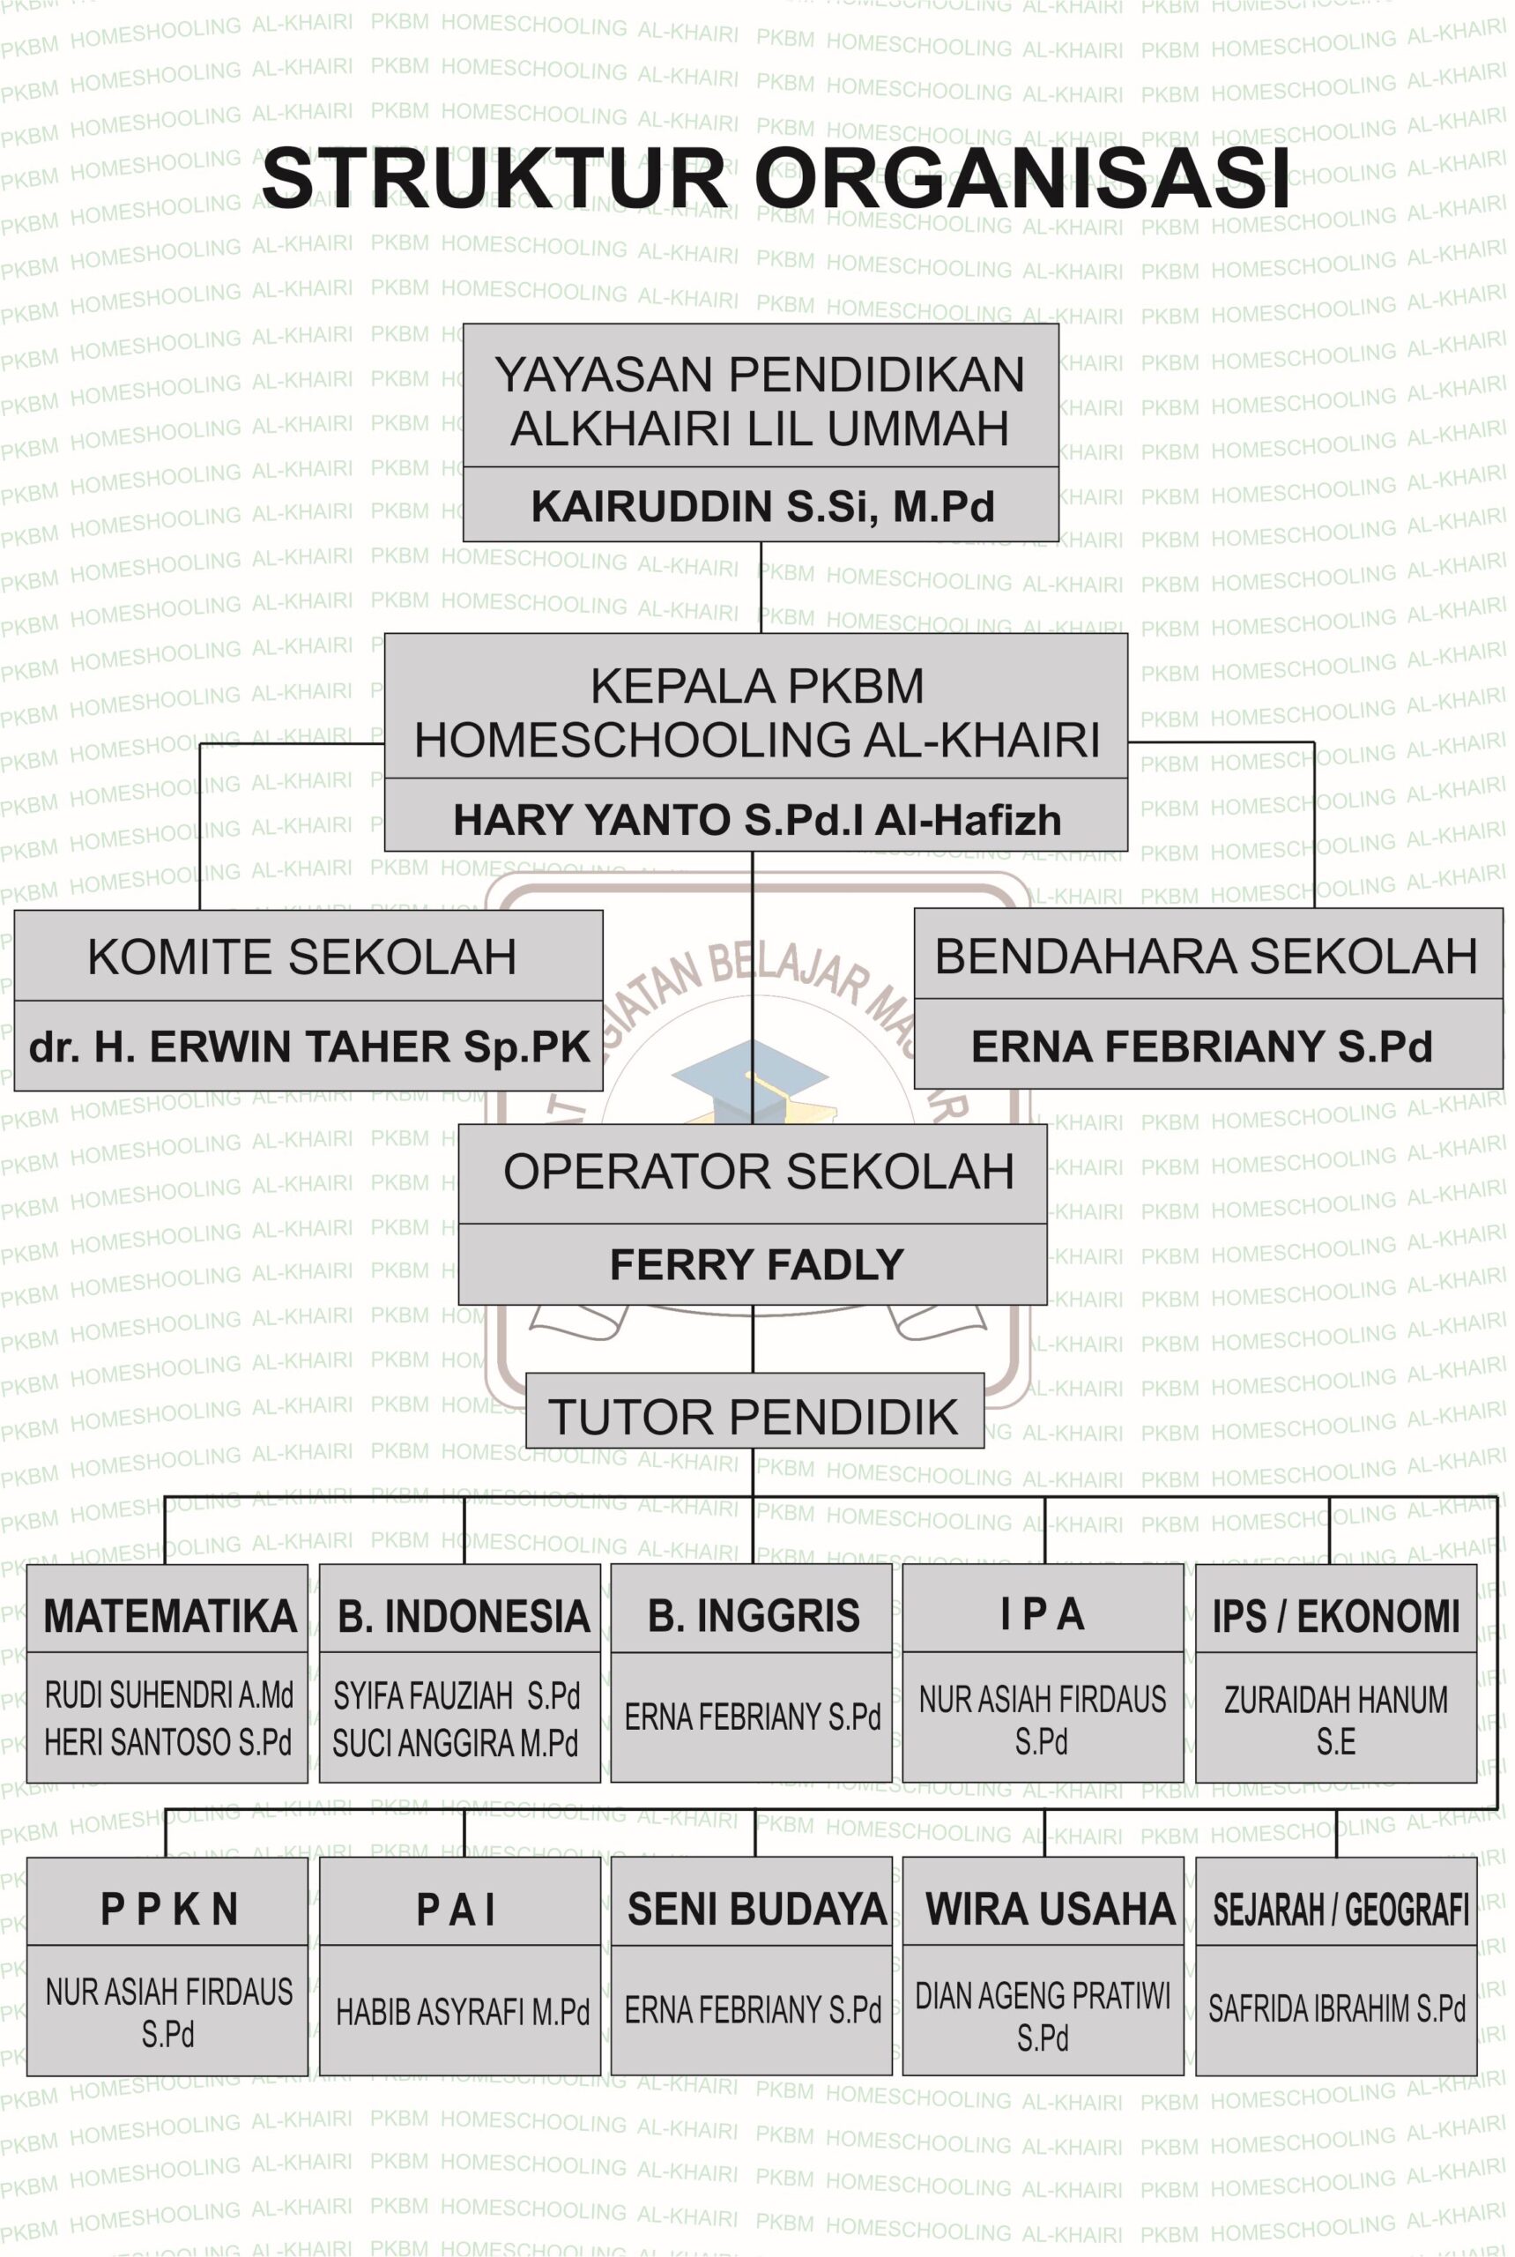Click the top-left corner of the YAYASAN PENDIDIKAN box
coord(464,324)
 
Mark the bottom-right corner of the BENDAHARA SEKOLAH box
coord(1504,1089)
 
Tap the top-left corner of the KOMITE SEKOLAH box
coord(14,911)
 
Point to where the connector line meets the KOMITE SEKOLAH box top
coord(200,911)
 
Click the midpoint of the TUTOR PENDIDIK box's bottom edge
coord(754,1447)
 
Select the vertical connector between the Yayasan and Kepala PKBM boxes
coord(761,586)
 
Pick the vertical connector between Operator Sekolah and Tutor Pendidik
coord(753,1338)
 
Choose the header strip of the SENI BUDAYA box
coord(752,1902)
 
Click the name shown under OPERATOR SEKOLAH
coord(756,1264)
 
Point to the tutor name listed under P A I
coord(463,2013)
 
